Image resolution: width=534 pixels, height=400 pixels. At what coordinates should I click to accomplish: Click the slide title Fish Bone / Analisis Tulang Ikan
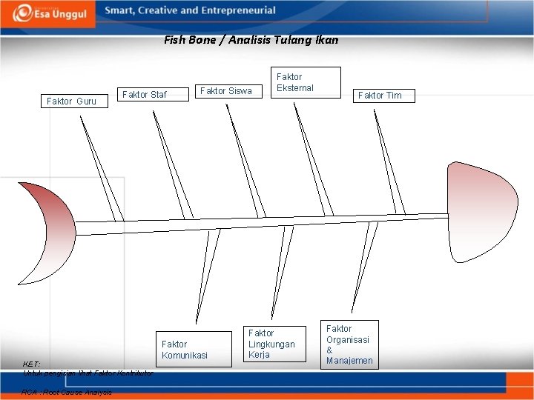pyautogui.click(x=251, y=40)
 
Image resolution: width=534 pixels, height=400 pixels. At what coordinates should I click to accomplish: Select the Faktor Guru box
pyautogui.click(x=72, y=101)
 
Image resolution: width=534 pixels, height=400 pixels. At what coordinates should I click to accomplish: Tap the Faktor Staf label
pyautogui.click(x=144, y=95)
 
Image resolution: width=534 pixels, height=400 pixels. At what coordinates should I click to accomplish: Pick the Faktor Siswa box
pyautogui.click(x=226, y=91)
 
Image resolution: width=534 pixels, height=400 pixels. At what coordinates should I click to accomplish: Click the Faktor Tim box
pyautogui.click(x=380, y=95)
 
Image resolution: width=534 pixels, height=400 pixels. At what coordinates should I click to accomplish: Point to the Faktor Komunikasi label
pyautogui.click(x=185, y=350)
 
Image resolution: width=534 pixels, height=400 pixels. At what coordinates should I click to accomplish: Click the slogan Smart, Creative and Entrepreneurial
pyautogui.click(x=190, y=11)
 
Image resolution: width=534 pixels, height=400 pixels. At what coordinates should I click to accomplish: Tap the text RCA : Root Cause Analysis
pyautogui.click(x=67, y=392)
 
